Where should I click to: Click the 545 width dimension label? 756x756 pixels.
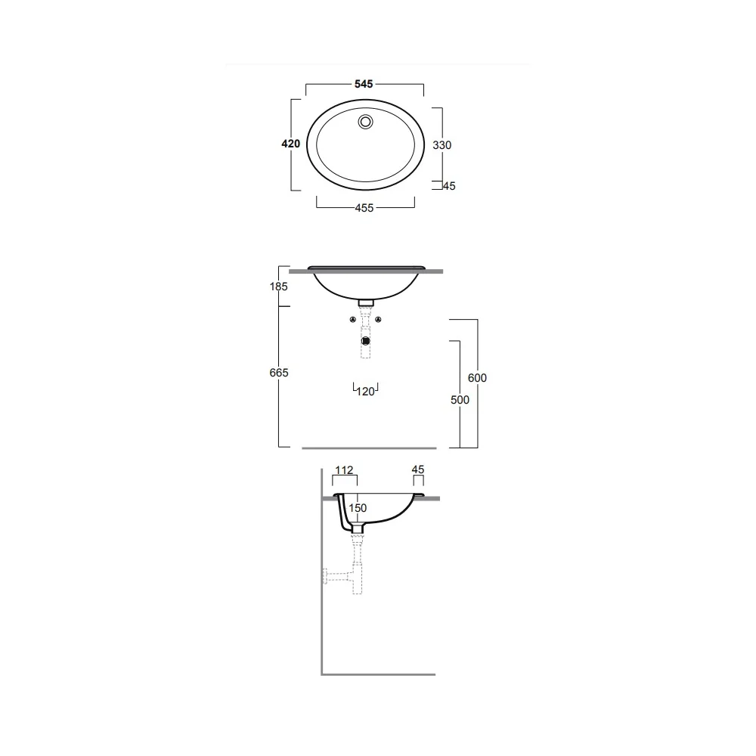pos(364,84)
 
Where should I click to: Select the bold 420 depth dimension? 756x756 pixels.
pos(291,144)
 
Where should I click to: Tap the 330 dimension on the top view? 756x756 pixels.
pos(442,145)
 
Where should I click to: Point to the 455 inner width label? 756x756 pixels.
pos(364,208)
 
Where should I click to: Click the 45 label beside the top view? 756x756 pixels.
pos(449,186)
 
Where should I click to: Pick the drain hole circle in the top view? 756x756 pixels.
pos(365,122)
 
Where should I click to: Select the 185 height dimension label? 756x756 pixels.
pos(279,287)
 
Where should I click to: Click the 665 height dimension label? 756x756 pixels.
pos(279,373)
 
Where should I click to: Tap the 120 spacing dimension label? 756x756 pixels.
pos(365,392)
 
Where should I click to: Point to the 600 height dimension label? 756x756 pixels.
pos(477,378)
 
